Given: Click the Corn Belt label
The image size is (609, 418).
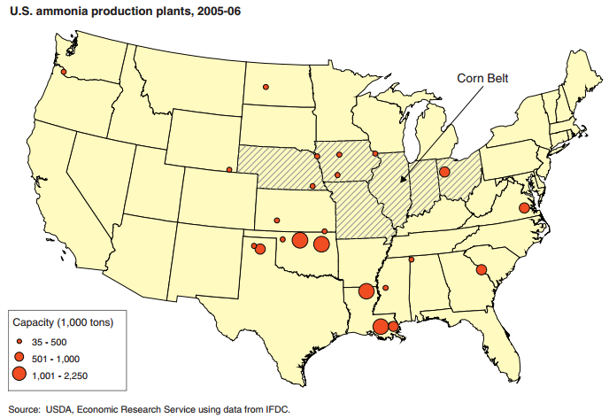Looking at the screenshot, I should [484, 78].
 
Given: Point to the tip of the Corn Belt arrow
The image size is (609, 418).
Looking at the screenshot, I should [402, 182].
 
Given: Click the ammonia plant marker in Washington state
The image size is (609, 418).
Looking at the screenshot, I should [63, 71].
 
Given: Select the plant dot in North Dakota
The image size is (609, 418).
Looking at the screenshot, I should [264, 87].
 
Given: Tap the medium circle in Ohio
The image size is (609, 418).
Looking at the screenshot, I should [444, 172].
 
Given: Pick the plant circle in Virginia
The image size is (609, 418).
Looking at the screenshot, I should [524, 207].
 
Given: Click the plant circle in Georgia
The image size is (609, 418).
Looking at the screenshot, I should [482, 270].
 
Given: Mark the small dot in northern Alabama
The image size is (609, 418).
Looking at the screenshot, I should [412, 259].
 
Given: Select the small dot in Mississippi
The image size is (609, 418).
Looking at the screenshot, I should [385, 288].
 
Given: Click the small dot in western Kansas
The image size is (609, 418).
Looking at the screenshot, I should [277, 220].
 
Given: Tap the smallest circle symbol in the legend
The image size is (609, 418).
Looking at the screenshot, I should [19, 341].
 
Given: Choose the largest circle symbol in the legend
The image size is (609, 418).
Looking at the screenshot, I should [19, 375].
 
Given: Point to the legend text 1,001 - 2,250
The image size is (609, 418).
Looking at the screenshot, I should [60, 375].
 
